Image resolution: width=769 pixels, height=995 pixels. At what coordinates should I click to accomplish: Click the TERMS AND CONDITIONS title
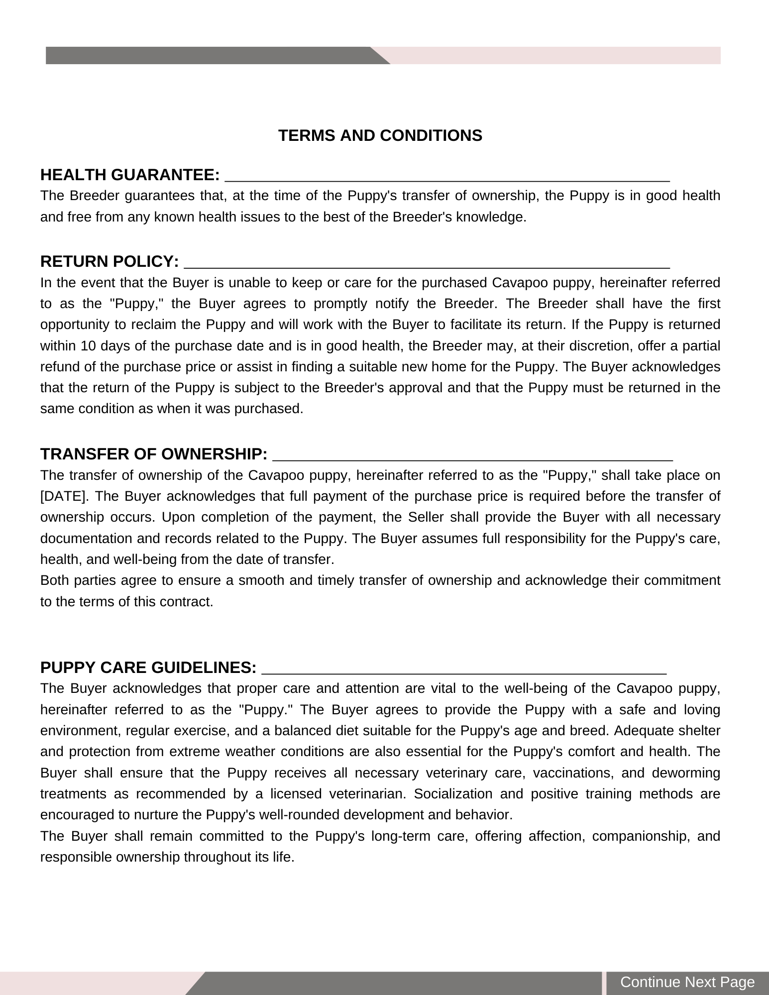click(x=380, y=135)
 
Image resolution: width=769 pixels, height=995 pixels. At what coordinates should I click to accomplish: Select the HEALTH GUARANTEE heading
click(x=130, y=175)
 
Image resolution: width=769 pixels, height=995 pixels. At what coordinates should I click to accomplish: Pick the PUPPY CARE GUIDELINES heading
click(x=148, y=667)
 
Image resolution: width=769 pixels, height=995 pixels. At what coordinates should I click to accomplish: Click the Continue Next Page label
click(x=687, y=982)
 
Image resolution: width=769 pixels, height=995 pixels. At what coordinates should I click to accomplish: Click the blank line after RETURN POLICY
click(x=427, y=264)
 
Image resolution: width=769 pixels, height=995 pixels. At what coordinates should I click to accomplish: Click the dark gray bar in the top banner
click(x=209, y=55)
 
